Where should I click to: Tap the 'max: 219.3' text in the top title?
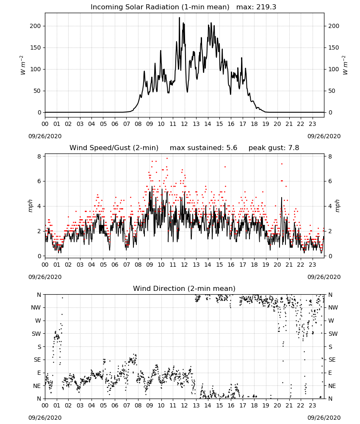(x=256, y=7)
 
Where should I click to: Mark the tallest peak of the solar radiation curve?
(x=179, y=17)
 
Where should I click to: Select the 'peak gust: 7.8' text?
(x=274, y=148)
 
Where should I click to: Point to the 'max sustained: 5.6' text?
(x=203, y=148)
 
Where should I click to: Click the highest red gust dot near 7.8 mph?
(x=167, y=158)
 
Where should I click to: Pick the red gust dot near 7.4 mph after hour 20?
(x=282, y=164)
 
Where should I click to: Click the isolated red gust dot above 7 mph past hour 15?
(x=225, y=167)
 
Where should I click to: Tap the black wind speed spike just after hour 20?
(x=281, y=198)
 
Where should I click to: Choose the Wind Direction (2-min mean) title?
(x=184, y=288)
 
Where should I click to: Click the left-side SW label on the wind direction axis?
(x=36, y=334)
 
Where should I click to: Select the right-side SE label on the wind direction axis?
(x=332, y=360)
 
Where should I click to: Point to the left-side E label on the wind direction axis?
(x=39, y=373)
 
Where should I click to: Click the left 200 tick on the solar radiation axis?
(x=36, y=26)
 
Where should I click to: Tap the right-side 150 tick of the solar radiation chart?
(x=334, y=47)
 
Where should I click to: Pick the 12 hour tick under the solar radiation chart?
(x=184, y=124)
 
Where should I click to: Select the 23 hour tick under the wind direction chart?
(x=312, y=405)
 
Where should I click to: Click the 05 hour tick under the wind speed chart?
(x=103, y=265)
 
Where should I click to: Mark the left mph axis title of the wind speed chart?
(x=30, y=206)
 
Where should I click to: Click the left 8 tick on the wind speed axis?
(x=39, y=156)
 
